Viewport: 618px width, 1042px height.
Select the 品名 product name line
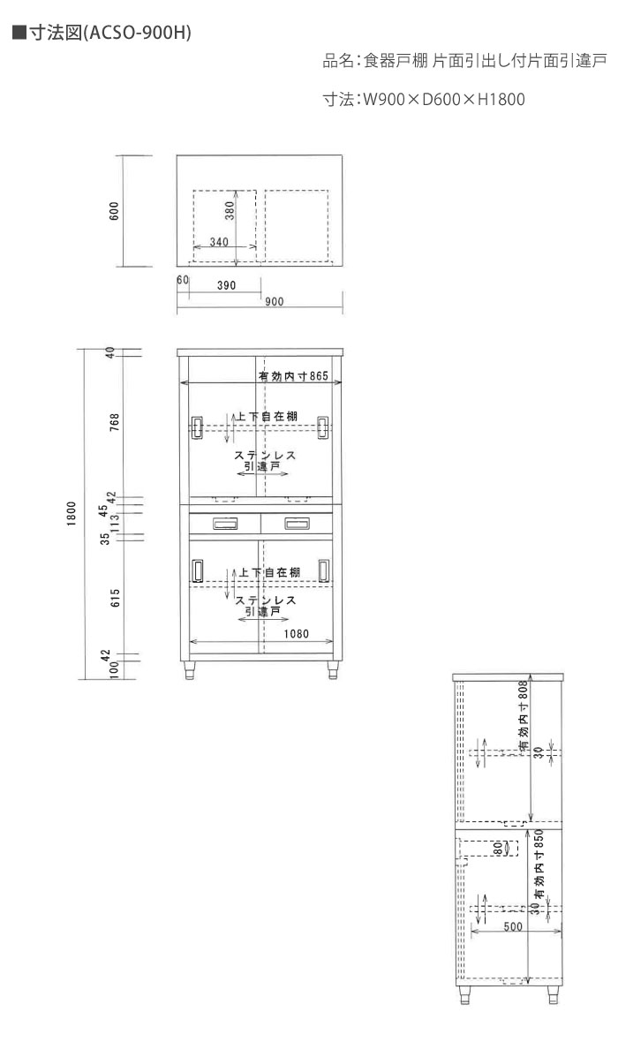coord(464,61)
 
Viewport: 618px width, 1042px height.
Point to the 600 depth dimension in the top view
coord(114,211)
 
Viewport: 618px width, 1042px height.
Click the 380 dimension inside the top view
coord(230,212)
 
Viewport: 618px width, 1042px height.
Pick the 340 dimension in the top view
coord(219,242)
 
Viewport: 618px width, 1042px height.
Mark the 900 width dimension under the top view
coord(275,302)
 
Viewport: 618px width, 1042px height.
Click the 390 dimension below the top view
coord(227,285)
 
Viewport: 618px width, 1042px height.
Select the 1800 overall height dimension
coord(72,514)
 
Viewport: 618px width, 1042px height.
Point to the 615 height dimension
coord(115,599)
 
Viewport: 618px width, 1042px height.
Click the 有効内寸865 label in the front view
coord(294,376)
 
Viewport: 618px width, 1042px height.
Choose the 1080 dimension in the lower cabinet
coord(297,634)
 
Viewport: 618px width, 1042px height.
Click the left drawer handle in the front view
coord(224,525)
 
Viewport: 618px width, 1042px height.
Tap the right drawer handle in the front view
coord(297,525)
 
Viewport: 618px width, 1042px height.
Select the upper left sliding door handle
coord(197,428)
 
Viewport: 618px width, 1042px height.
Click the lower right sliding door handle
coord(324,570)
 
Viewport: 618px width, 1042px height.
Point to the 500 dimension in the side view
coord(513,926)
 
